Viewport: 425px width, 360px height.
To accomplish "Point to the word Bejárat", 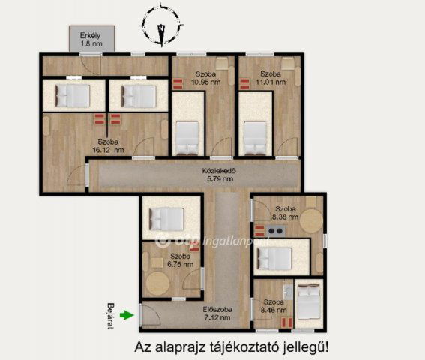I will tap(111, 316).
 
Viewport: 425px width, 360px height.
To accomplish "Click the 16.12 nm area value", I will tap(108, 149).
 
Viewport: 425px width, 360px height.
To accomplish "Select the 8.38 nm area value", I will tap(285, 217).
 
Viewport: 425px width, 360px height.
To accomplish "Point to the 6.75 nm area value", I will tap(180, 264).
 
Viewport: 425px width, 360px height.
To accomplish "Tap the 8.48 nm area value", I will tap(272, 309).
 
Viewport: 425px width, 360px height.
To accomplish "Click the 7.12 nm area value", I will tap(217, 318).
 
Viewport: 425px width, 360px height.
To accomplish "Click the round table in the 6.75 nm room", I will tap(158, 283).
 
